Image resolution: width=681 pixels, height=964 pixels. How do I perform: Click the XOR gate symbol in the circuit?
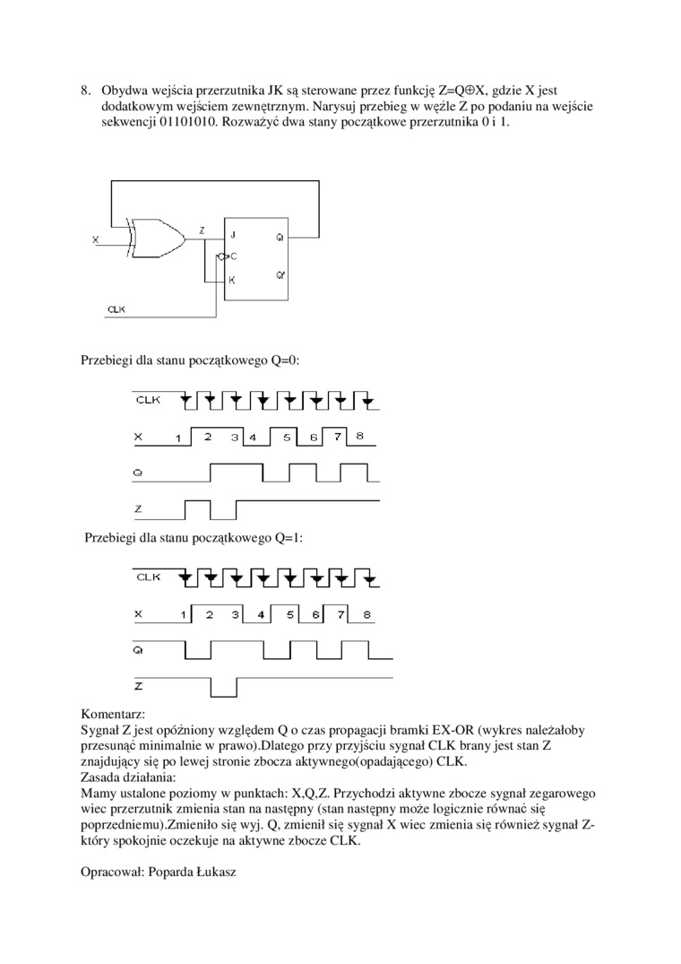[x=156, y=239]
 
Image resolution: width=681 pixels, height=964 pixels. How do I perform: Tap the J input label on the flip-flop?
[x=233, y=235]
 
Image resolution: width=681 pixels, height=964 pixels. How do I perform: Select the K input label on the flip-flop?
[x=233, y=280]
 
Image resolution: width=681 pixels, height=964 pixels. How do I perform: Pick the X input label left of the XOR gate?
[x=96, y=240]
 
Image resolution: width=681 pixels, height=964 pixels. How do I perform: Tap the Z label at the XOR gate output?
[x=202, y=230]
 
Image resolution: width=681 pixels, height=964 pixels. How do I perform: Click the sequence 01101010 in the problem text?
[x=134, y=121]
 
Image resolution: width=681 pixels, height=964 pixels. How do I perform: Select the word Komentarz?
[x=113, y=716]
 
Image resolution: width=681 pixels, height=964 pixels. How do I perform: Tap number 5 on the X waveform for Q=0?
[x=287, y=437]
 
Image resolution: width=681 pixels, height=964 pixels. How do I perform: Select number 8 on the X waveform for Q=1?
[x=367, y=615]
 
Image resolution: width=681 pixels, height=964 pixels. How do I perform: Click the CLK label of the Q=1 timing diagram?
[x=148, y=577]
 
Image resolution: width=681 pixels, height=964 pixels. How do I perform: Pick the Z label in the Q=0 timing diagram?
[x=138, y=509]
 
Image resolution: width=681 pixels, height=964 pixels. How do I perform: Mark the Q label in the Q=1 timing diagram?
[x=137, y=647]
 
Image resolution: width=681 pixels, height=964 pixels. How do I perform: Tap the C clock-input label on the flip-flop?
[x=233, y=257]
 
